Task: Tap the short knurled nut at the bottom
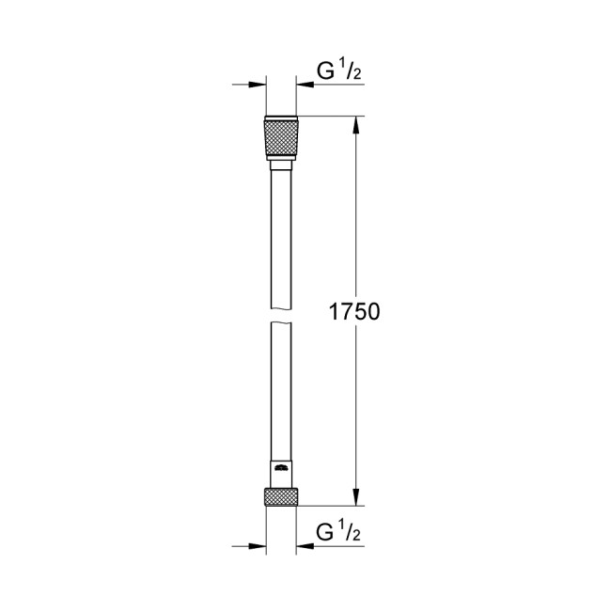coord(281,496)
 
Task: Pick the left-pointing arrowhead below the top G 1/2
coord(305,86)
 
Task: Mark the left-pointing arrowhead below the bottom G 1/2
coord(305,545)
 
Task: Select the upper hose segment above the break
coord(281,235)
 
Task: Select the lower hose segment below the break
coord(281,395)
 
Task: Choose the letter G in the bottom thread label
coord(326,534)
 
